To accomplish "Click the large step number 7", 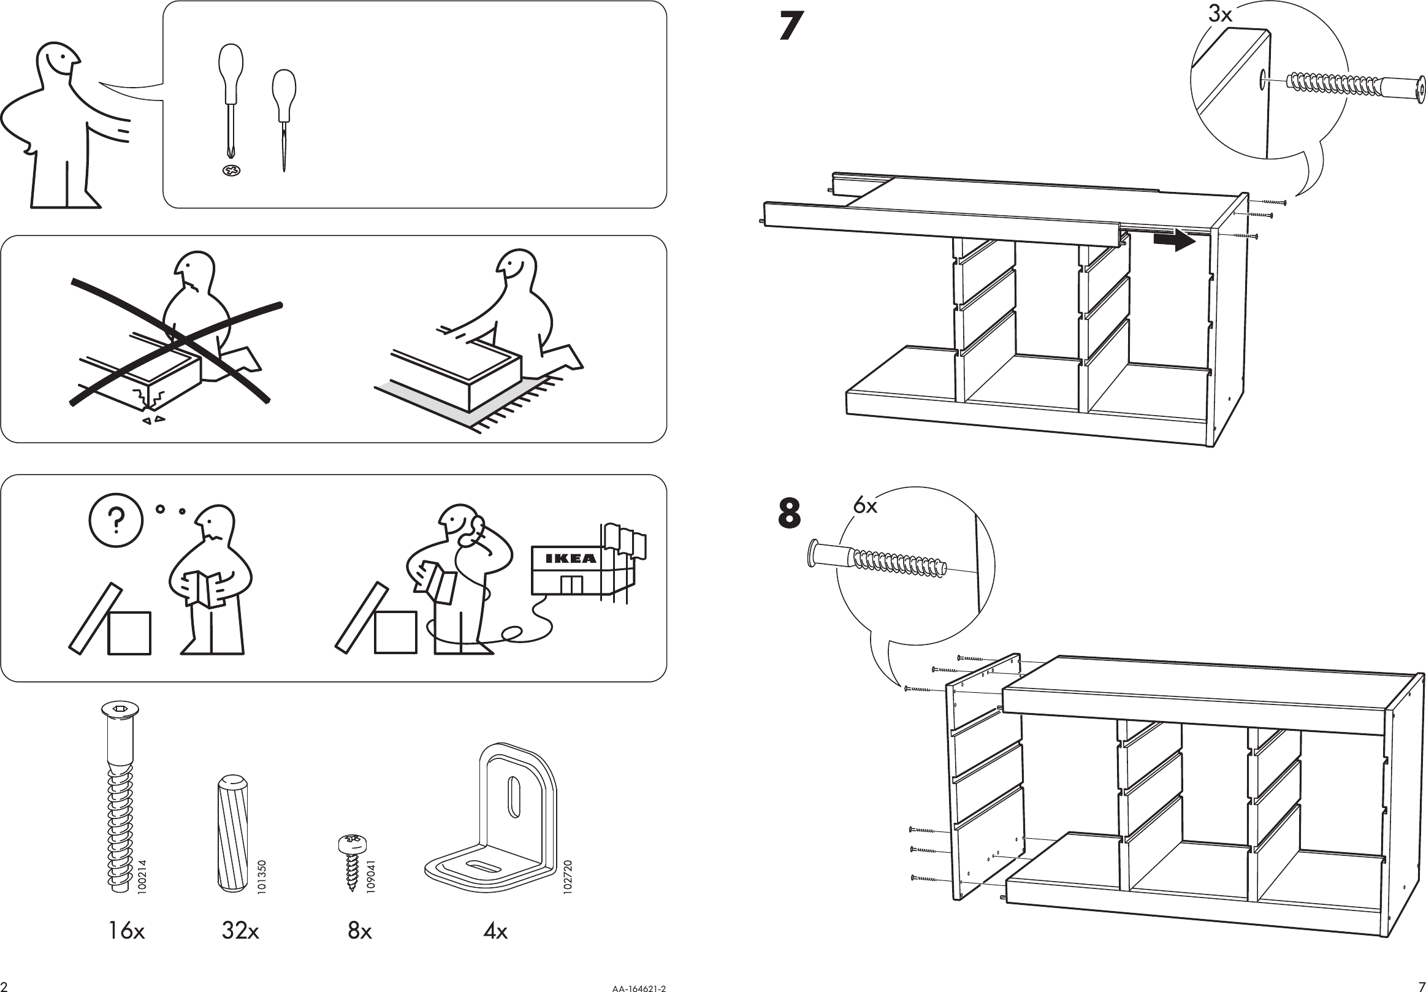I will tap(791, 27).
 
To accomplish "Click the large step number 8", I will tap(790, 513).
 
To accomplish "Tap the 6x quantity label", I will tap(864, 506).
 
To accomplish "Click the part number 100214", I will tap(142, 877).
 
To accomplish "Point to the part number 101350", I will tap(262, 877).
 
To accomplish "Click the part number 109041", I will tap(371, 877).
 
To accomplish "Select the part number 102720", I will tap(567, 877).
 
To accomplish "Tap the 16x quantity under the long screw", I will tap(126, 931).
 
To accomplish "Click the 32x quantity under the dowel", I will tap(240, 931).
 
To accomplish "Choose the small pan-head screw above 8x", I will tap(352, 860).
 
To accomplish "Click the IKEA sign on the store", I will tap(570, 558).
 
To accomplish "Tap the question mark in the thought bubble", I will tap(116, 521).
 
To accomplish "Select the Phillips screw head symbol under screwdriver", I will tap(231, 170).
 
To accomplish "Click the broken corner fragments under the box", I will tap(154, 420).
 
